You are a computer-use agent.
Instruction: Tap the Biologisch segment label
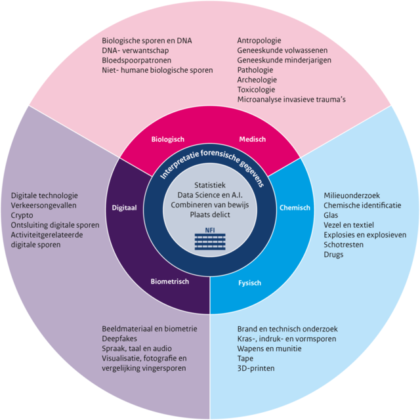[168, 139]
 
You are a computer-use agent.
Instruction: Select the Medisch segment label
[252, 139]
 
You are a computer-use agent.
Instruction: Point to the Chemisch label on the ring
[295, 207]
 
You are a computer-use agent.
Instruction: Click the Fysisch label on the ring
[249, 283]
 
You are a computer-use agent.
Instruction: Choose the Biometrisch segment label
[170, 282]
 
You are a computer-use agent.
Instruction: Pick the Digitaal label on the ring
[124, 207]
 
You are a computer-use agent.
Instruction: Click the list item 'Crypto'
[23, 215]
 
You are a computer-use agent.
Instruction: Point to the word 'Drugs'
[333, 254]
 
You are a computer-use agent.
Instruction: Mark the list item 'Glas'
[331, 215]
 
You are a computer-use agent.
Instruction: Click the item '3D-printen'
[255, 368]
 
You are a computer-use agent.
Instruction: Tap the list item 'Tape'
[246, 358]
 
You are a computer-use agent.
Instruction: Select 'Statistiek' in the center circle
[210, 184]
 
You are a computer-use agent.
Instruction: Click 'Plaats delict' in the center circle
[210, 214]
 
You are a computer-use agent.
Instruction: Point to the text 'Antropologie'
[261, 40]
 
